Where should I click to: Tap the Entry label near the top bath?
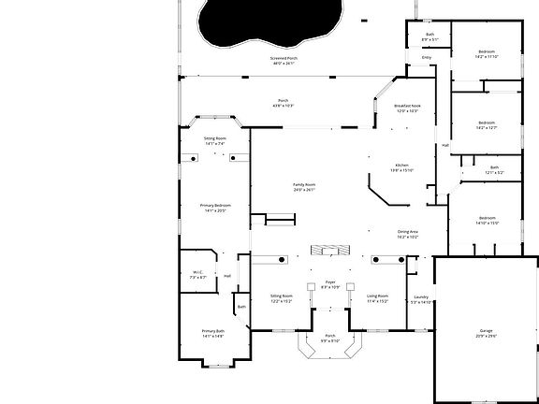click(427, 57)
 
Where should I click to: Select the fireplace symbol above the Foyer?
click(328, 250)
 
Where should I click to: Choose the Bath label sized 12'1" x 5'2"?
click(494, 170)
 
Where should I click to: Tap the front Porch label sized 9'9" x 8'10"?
click(329, 338)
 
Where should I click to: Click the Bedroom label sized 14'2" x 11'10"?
click(487, 54)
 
